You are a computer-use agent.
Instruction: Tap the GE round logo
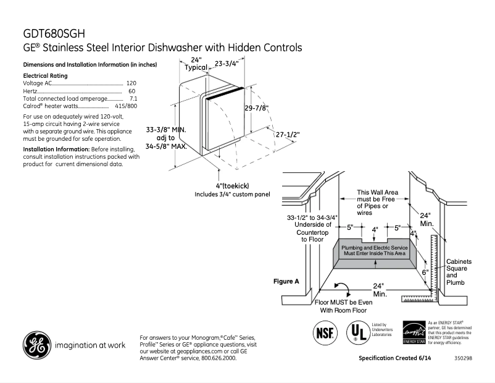pyautogui.click(x=36, y=345)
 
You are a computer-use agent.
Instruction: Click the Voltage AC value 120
pyautogui.click(x=131, y=83)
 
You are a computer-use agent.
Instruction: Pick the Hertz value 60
pyautogui.click(x=132, y=91)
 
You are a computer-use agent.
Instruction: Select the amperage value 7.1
pyautogui.click(x=133, y=99)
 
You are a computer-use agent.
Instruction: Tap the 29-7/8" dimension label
pyautogui.click(x=256, y=107)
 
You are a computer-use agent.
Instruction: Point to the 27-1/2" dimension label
pyautogui.click(x=287, y=134)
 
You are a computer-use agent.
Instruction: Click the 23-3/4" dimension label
pyautogui.click(x=227, y=62)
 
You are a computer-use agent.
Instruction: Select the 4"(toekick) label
pyautogui.click(x=233, y=186)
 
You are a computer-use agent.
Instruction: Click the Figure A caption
pyautogui.click(x=286, y=281)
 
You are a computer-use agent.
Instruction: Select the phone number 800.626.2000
pyautogui.click(x=215, y=358)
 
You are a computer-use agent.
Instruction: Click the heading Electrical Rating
pyautogui.click(x=45, y=75)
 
